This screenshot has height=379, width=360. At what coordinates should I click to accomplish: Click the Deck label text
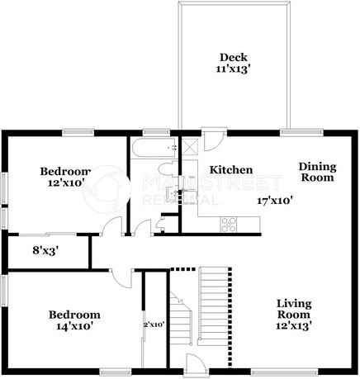234,57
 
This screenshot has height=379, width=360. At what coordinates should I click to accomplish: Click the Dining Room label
316,171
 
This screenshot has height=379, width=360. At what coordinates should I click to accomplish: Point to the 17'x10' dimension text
276,200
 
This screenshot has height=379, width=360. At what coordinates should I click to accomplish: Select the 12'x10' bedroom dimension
64,184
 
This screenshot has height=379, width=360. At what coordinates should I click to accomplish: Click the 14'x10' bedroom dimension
73,326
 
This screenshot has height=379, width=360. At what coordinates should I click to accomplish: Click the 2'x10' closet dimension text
155,325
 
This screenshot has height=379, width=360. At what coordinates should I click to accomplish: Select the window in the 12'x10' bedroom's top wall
76,132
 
